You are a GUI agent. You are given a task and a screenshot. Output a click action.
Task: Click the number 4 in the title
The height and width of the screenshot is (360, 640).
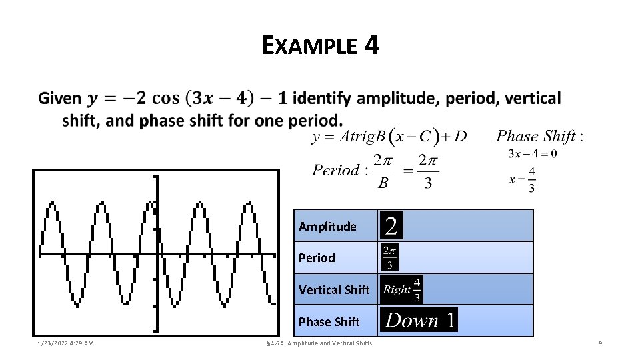click(371, 46)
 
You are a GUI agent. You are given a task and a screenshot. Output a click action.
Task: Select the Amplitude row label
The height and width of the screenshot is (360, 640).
click(327, 227)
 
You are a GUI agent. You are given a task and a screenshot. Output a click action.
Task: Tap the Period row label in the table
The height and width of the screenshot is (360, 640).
click(317, 257)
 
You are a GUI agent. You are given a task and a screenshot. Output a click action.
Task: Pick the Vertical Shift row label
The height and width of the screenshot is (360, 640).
click(334, 289)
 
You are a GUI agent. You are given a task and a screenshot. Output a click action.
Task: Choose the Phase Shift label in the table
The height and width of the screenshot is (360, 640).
click(329, 321)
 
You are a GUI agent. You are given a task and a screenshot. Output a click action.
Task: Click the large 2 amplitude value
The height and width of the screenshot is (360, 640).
click(392, 226)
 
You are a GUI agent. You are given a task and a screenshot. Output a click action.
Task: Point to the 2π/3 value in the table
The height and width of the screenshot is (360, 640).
click(390, 257)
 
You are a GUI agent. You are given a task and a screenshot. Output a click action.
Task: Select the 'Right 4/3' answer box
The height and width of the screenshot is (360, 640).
click(402, 289)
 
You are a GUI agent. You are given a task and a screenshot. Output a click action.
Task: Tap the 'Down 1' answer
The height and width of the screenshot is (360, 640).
click(420, 321)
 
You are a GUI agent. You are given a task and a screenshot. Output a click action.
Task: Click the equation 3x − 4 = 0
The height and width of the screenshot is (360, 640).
click(532, 153)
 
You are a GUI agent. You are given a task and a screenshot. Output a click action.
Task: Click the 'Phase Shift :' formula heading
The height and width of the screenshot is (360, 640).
click(540, 137)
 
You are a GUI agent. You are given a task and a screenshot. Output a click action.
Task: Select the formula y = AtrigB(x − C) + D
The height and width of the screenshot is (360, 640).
click(389, 137)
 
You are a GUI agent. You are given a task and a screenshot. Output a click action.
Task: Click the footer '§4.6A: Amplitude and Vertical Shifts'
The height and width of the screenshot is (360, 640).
click(318, 343)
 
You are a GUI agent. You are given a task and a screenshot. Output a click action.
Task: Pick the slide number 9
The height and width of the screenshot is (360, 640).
click(601, 343)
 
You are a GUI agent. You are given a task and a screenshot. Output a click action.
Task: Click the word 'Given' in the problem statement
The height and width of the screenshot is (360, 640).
click(59, 99)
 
